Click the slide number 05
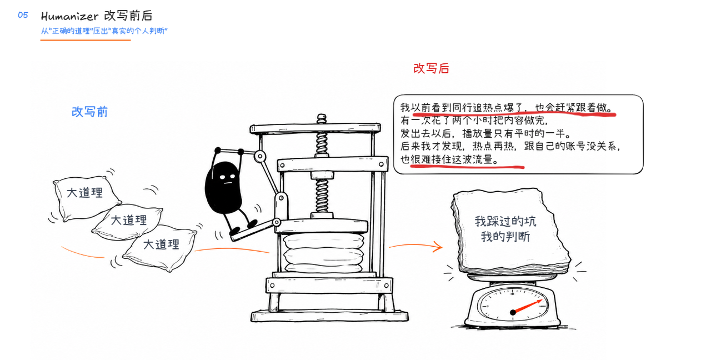click(23, 15)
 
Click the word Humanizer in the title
click(69, 16)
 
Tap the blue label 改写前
click(89, 112)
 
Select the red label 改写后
click(431, 68)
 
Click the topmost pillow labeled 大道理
click(85, 197)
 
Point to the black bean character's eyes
click(228, 177)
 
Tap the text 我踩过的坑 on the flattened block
click(505, 221)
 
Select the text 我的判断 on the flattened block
click(505, 237)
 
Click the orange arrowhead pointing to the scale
click(438, 247)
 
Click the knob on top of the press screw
click(322, 118)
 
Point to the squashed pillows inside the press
click(324, 253)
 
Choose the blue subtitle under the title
click(104, 31)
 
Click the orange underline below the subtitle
click(86, 40)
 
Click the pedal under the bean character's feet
click(254, 230)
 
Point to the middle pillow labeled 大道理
click(128, 222)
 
